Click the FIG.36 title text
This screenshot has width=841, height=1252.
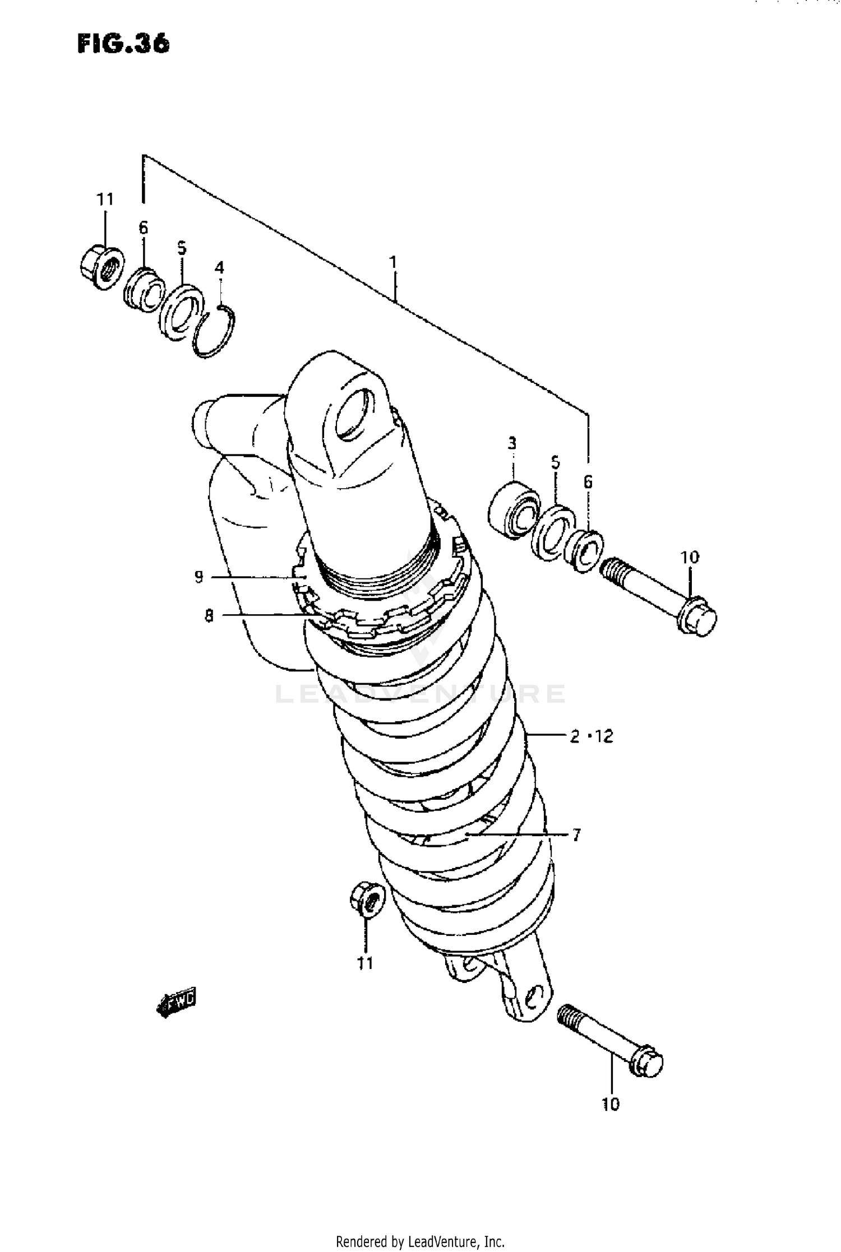tap(123, 43)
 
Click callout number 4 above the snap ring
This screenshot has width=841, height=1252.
tap(220, 267)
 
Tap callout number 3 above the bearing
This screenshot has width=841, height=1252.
tap(511, 444)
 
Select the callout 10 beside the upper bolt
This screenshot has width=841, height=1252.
tap(690, 557)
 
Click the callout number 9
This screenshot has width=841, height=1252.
tap(199, 577)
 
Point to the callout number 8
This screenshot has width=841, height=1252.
tap(209, 616)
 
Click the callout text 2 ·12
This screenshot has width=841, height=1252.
tap(592, 736)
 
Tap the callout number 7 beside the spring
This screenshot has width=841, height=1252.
tap(576, 835)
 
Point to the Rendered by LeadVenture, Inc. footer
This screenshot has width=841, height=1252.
tap(420, 1241)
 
